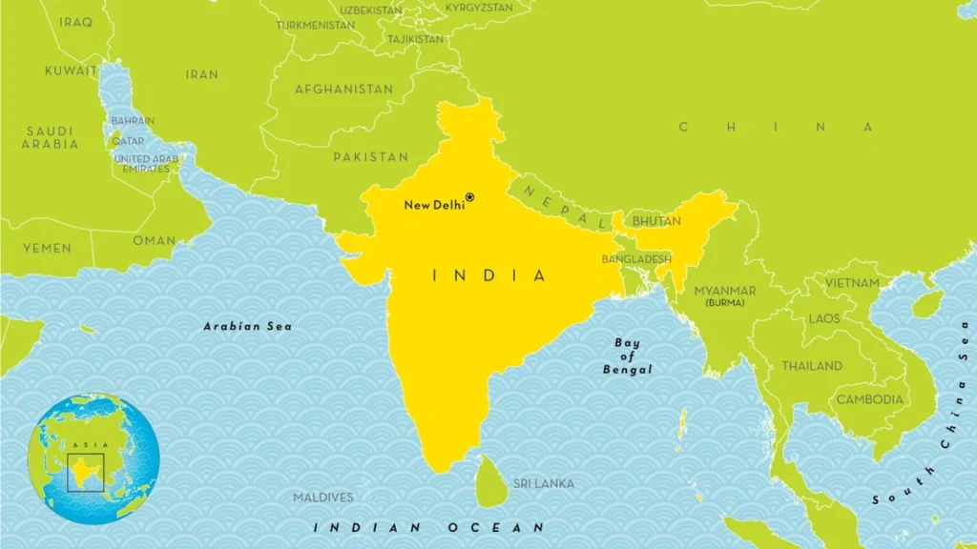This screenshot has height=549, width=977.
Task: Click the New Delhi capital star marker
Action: (469, 197)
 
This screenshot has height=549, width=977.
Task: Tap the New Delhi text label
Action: (433, 205)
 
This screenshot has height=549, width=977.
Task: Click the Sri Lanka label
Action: (544, 484)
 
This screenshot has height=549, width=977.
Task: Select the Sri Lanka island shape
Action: (490, 481)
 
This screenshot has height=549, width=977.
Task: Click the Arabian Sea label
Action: (248, 327)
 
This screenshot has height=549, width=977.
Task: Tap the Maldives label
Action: (322, 498)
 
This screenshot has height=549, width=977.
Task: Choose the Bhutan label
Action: (657, 221)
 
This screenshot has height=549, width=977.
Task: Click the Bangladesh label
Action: (636, 259)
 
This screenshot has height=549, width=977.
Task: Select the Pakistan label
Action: (370, 156)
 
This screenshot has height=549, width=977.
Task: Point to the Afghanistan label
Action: (343, 90)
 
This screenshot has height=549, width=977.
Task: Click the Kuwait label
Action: (71, 71)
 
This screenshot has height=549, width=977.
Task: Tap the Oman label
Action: (155, 241)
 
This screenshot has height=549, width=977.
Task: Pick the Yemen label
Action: (48, 248)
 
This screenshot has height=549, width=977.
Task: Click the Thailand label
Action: (812, 366)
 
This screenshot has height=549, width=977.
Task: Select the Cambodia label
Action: (869, 399)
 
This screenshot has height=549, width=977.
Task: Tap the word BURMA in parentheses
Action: (726, 303)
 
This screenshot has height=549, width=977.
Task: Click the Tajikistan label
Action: (415, 40)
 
